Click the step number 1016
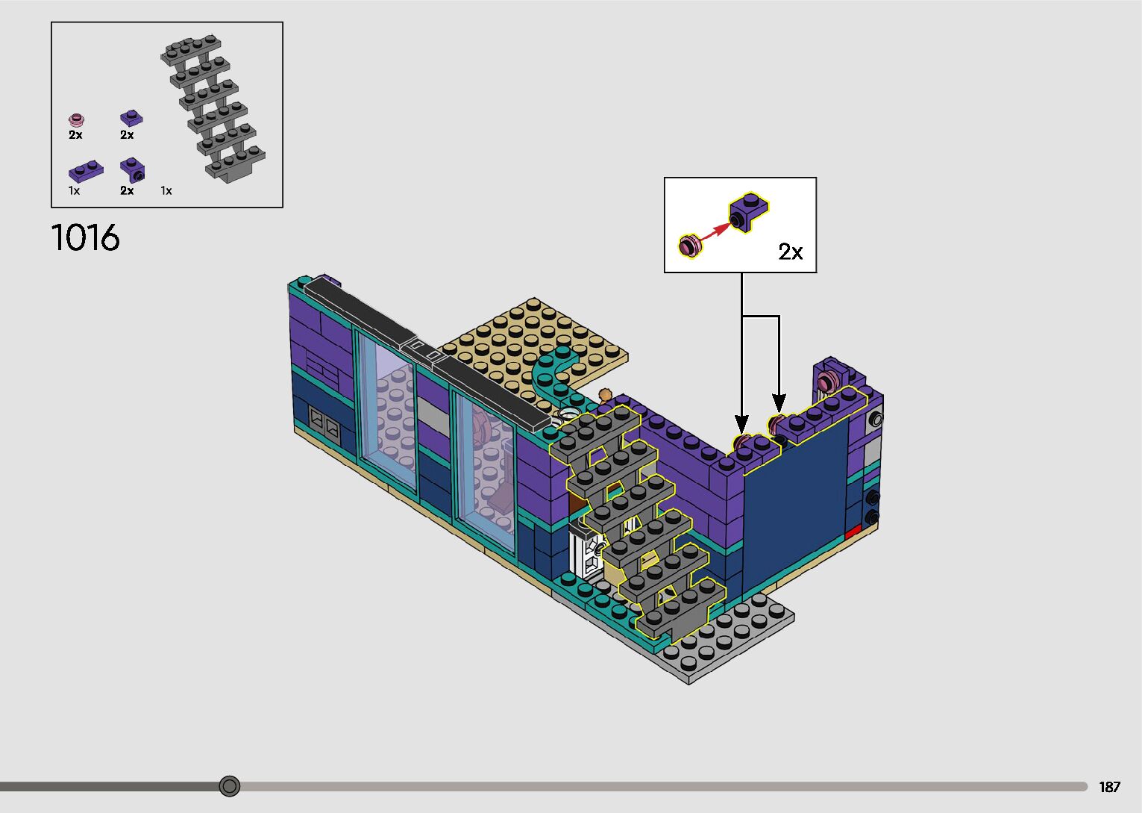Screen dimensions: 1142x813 pos(86,238)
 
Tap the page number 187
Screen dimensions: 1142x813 pos(1109,786)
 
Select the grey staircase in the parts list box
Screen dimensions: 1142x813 pos(213,108)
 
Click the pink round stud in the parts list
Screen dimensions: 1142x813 pos(77,120)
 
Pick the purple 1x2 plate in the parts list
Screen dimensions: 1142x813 pos(86,170)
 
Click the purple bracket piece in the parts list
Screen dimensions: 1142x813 pos(133,170)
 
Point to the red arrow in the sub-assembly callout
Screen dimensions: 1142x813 pos(715,233)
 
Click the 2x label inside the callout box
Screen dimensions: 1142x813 pos(790,251)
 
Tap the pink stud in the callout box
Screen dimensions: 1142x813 pos(690,246)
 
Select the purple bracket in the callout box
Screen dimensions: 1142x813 pos(748,212)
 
